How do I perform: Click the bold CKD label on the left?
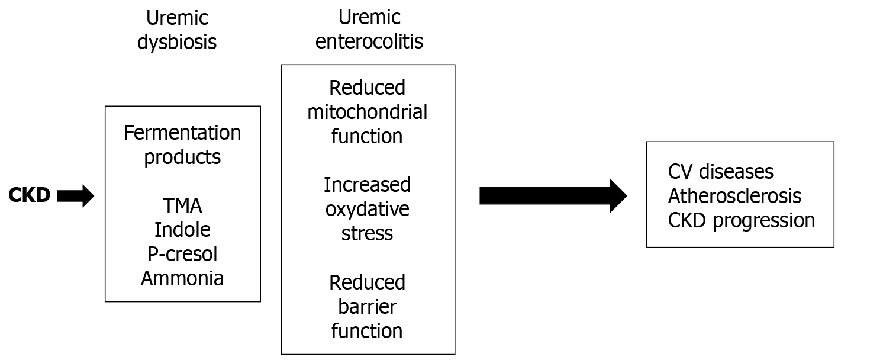click(x=30, y=195)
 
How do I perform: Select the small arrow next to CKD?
click(x=75, y=195)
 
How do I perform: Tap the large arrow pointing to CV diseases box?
click(x=552, y=195)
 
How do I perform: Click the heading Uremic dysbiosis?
click(x=177, y=30)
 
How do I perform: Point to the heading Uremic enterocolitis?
click(x=369, y=30)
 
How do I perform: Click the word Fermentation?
click(x=182, y=133)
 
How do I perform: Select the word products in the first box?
click(x=182, y=157)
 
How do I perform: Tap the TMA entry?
click(x=182, y=205)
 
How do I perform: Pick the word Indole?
click(x=182, y=230)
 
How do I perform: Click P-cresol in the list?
click(x=182, y=254)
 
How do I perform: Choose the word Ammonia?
click(x=182, y=278)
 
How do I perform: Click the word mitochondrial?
click(x=367, y=112)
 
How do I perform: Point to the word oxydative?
click(x=367, y=209)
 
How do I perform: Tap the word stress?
click(x=367, y=233)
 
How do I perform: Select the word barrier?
click(x=367, y=307)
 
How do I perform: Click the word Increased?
click(x=367, y=185)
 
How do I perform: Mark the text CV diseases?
click(x=720, y=172)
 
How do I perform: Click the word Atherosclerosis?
click(x=734, y=196)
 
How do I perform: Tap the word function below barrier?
click(x=367, y=330)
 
